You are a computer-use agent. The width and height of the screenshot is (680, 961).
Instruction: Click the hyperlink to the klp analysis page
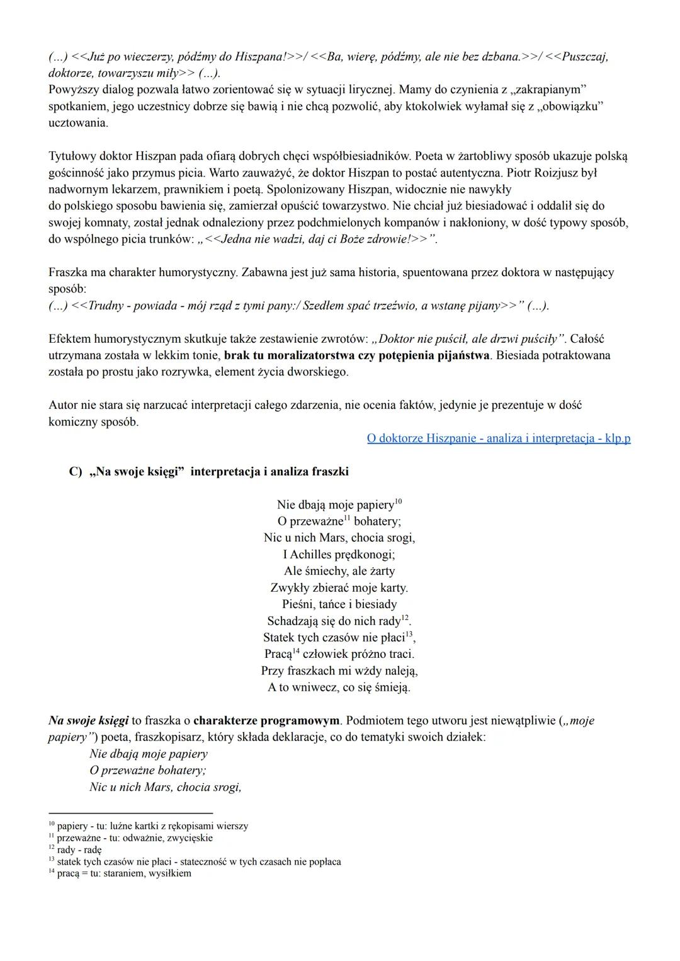point(499,438)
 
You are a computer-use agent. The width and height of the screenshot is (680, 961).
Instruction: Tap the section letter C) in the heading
point(75,472)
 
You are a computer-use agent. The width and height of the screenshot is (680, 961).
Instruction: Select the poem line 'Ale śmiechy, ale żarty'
point(339,571)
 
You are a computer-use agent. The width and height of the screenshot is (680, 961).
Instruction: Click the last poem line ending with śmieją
point(339,687)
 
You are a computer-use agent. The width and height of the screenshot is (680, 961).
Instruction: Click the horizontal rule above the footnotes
point(130,813)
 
